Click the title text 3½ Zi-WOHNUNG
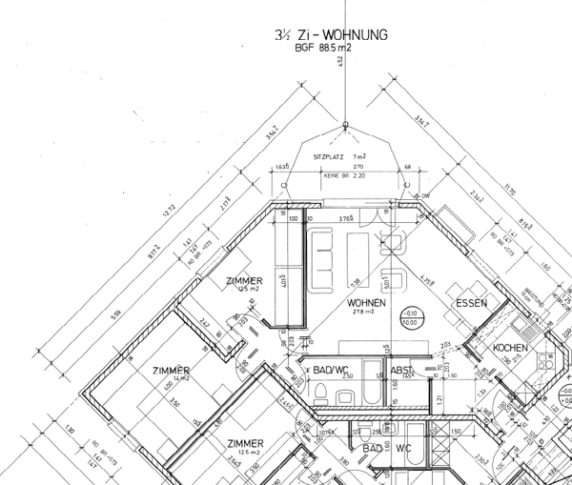330,35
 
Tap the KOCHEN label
510,349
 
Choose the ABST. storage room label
400,368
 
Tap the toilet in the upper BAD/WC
322,391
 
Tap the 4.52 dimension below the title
340,62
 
